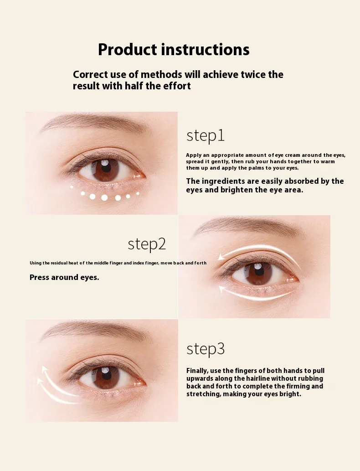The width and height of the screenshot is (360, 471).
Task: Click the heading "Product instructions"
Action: [x=174, y=50]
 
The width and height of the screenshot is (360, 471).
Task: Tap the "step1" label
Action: [x=206, y=136]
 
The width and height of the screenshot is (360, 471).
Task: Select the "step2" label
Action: [x=147, y=244]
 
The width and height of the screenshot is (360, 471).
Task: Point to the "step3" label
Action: [x=206, y=349]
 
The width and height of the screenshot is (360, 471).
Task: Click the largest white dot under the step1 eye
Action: [x=104, y=197]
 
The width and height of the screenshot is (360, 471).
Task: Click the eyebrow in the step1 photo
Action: [x=93, y=122]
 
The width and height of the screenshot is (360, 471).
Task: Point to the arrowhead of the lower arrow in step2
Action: [x=223, y=289]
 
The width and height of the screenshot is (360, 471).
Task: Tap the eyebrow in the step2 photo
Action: [x=246, y=225]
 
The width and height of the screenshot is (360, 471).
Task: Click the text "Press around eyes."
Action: [x=64, y=277]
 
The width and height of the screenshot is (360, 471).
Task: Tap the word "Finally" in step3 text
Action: [x=197, y=371]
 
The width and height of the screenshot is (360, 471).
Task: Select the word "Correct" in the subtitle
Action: [x=90, y=74]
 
